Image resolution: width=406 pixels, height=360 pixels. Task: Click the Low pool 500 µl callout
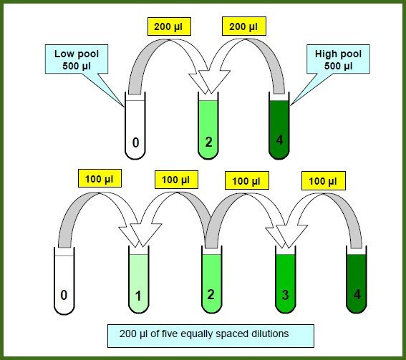[x=77, y=59]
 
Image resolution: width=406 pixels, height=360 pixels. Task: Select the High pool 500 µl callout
[x=338, y=59]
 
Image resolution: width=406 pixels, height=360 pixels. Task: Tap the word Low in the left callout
[x=62, y=54]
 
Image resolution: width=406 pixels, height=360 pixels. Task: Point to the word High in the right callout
[x=325, y=54]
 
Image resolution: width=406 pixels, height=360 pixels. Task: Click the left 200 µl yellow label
[x=169, y=26]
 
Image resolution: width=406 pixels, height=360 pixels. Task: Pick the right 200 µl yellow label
[x=244, y=26]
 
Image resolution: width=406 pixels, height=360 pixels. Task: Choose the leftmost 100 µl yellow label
[x=100, y=178]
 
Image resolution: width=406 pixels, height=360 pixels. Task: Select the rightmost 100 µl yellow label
[x=324, y=180]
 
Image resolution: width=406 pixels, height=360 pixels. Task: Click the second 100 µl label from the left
[x=176, y=180]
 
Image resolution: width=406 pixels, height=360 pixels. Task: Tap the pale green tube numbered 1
[x=139, y=280]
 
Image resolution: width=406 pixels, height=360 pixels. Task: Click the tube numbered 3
[x=285, y=280]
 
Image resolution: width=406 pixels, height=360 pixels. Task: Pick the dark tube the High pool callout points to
[x=279, y=125]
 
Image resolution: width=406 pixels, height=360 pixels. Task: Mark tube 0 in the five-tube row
[x=64, y=281]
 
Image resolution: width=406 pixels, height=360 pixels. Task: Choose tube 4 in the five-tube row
[x=357, y=280]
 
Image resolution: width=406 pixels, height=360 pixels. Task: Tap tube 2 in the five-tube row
[x=212, y=280]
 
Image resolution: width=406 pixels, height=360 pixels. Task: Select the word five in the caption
[x=170, y=334]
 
